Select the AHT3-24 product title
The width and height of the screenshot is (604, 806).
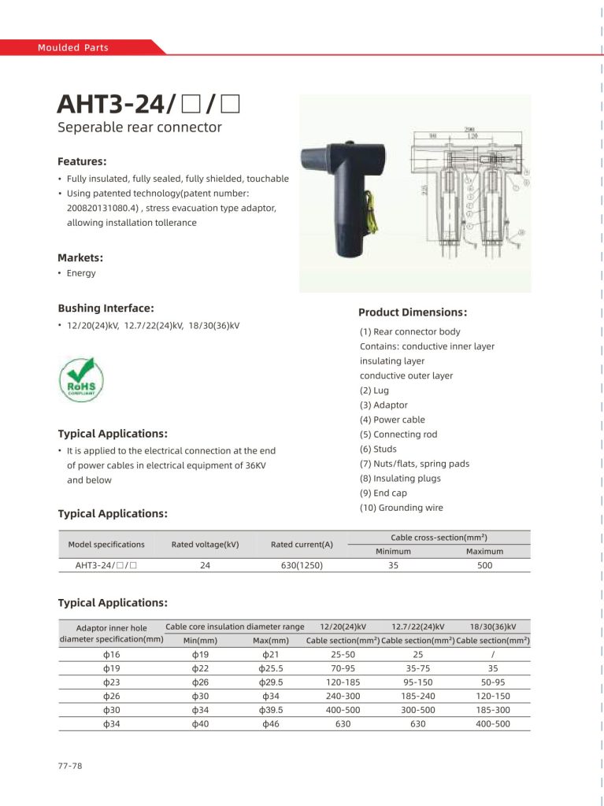pyautogui.click(x=148, y=104)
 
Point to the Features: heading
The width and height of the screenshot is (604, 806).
pyautogui.click(x=81, y=161)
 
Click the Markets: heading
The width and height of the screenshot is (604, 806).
pyautogui.click(x=80, y=257)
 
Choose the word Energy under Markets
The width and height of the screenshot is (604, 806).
pyautogui.click(x=81, y=273)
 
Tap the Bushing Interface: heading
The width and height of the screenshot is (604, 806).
pyautogui.click(x=106, y=308)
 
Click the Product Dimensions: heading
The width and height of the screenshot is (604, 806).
pyautogui.click(x=413, y=312)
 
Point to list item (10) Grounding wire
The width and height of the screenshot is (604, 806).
pyautogui.click(x=402, y=508)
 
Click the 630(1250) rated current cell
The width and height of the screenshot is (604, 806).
pyautogui.click(x=302, y=565)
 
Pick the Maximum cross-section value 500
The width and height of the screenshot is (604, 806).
pyautogui.click(x=485, y=565)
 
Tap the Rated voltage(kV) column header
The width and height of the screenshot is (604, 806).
pyautogui.click(x=205, y=544)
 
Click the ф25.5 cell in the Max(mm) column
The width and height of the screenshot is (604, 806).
pyautogui.click(x=271, y=668)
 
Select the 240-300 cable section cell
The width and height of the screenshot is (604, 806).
pyautogui.click(x=343, y=696)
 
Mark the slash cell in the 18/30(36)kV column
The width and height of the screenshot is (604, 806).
pyautogui.click(x=492, y=654)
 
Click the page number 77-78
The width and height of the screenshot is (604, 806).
pyautogui.click(x=70, y=766)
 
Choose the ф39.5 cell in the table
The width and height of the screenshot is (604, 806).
pyautogui.click(x=271, y=710)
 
